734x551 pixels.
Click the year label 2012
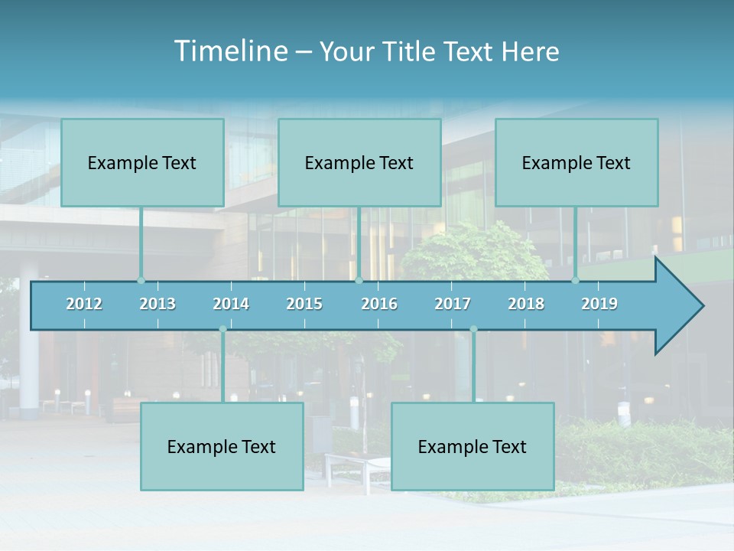(84, 304)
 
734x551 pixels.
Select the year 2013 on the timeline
(158, 304)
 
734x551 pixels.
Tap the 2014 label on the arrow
(231, 304)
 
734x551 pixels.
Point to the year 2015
(304, 304)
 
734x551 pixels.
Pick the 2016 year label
(379, 304)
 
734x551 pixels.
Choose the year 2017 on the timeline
(453, 304)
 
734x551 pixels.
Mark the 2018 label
(526, 304)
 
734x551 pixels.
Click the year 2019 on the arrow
(599, 304)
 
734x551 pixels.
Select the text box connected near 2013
(142, 162)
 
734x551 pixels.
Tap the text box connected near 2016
(359, 162)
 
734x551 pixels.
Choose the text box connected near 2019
(576, 162)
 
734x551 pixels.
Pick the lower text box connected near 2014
(222, 446)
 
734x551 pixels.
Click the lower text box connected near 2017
(473, 446)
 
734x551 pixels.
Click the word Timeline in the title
(230, 51)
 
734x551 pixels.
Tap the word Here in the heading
(530, 51)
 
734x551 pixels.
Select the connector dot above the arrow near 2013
(141, 281)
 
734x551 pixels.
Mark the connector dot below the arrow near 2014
(222, 330)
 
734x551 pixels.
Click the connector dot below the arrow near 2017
(473, 330)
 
